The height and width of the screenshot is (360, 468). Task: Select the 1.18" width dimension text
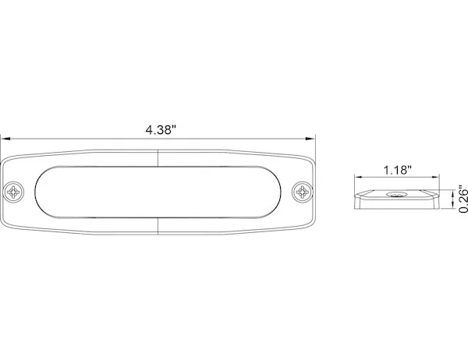pos(396,169)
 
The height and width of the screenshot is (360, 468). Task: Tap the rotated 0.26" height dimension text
pos(462,199)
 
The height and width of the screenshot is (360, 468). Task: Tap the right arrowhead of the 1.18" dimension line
pos(438,178)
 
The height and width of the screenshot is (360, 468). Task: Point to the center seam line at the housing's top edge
pos(158,156)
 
